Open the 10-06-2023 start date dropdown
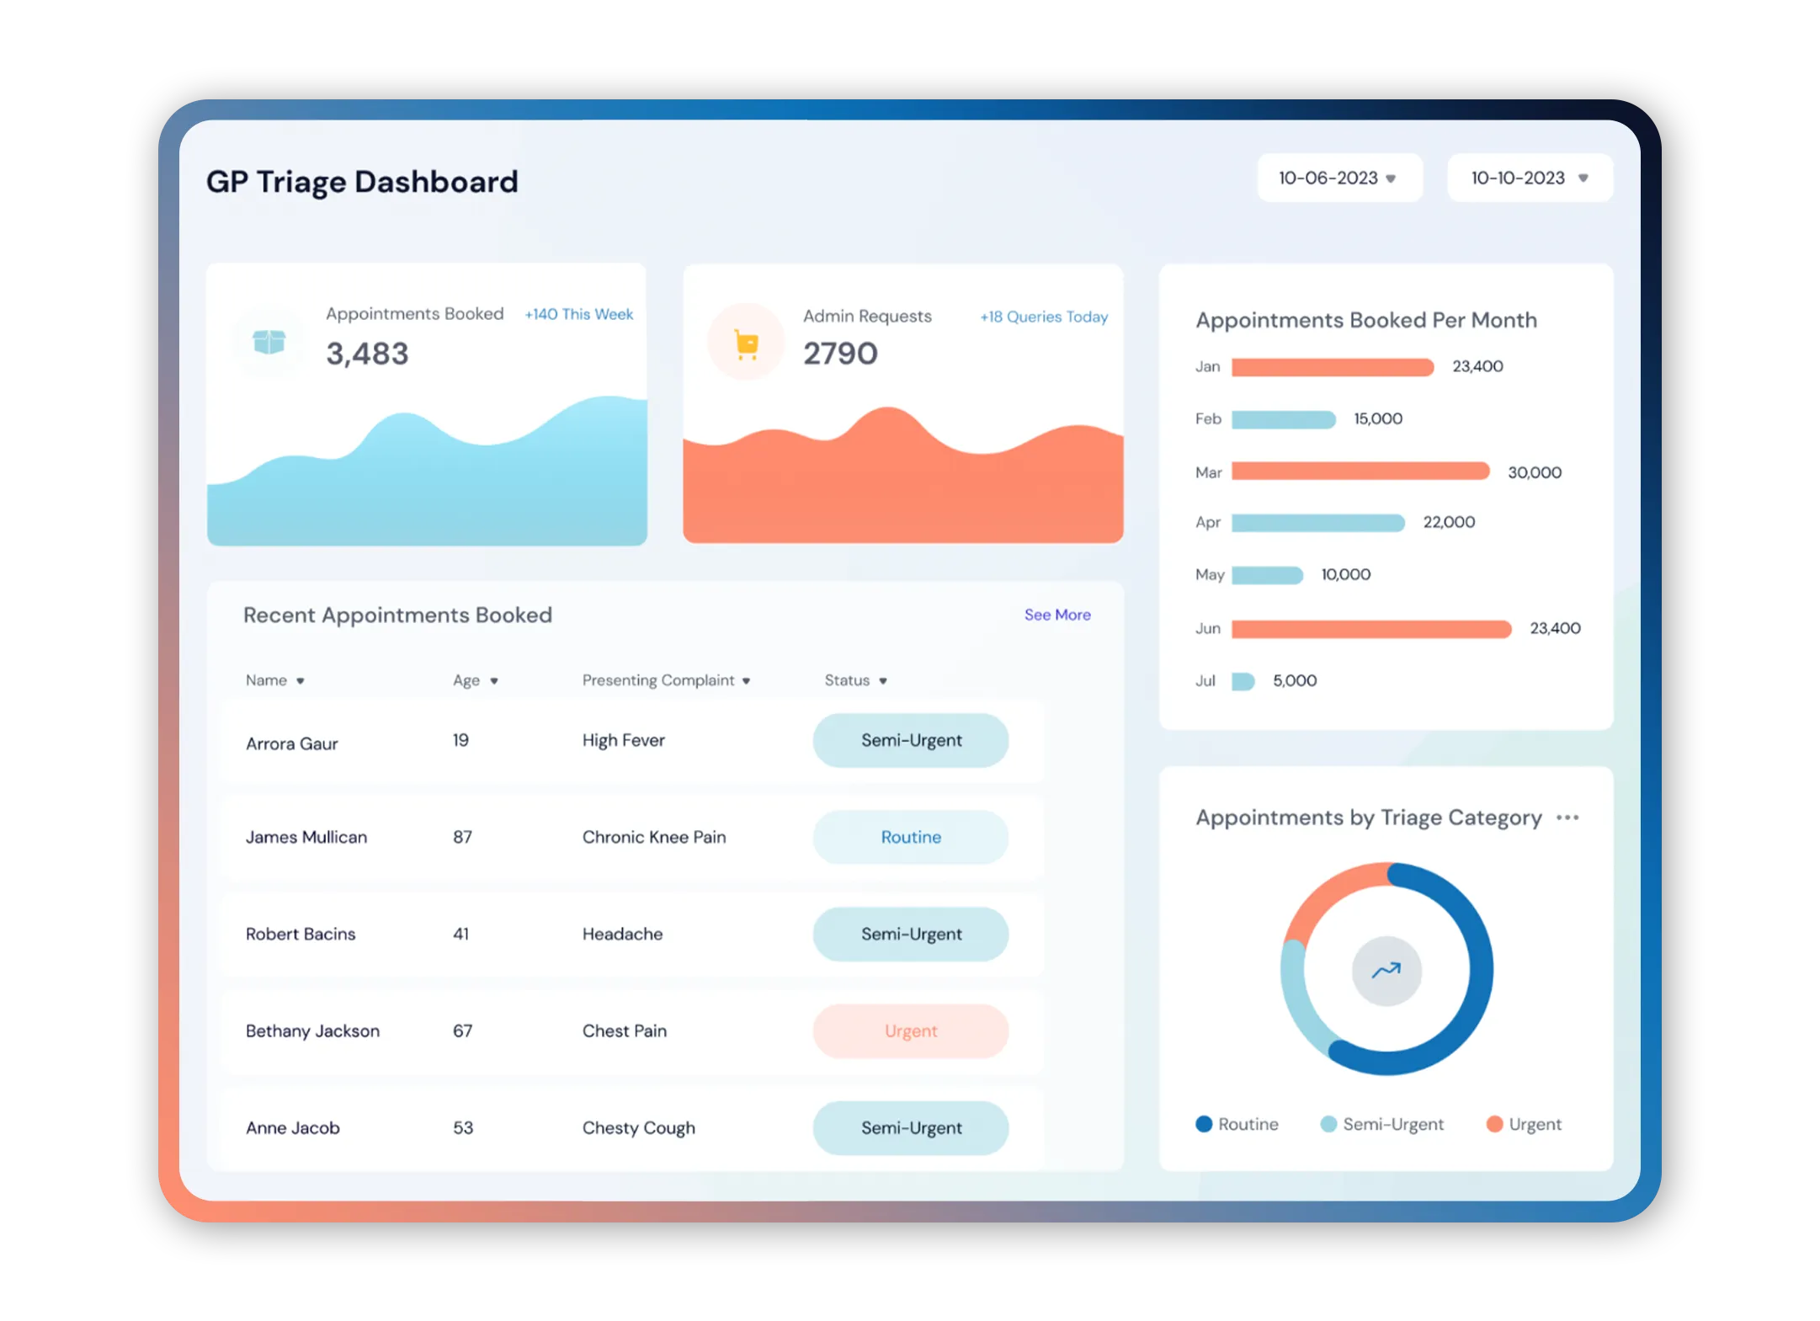click(x=1338, y=178)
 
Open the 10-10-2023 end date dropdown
click(x=1529, y=178)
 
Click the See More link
click(x=1056, y=615)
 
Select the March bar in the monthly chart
click(x=1360, y=471)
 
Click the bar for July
click(x=1243, y=681)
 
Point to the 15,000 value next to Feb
click(x=1377, y=418)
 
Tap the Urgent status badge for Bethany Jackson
click(x=910, y=1031)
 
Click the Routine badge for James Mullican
click(x=910, y=837)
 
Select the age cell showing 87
click(x=462, y=837)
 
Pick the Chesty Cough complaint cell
click(x=638, y=1127)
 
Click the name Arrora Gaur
click(x=291, y=743)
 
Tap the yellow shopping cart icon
click(x=746, y=344)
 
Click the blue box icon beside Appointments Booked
click(x=269, y=342)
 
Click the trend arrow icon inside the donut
click(x=1386, y=971)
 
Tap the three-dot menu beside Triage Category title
click(x=1567, y=818)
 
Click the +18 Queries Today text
click(x=1043, y=317)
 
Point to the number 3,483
click(x=367, y=354)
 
